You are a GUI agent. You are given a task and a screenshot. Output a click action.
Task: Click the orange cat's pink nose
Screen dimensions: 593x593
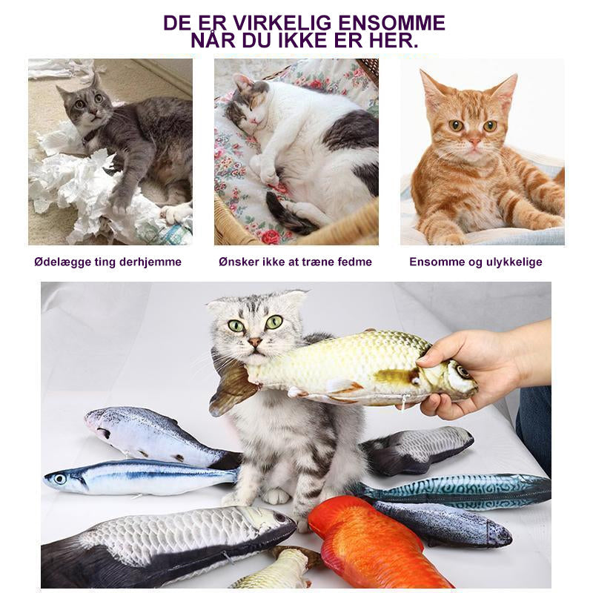click(474, 142)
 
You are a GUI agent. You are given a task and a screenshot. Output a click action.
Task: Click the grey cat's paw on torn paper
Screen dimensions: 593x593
click(120, 202)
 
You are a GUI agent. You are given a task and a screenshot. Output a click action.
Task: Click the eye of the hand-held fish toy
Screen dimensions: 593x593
click(462, 372)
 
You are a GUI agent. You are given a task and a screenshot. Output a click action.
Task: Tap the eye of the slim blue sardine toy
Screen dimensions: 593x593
click(60, 479)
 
